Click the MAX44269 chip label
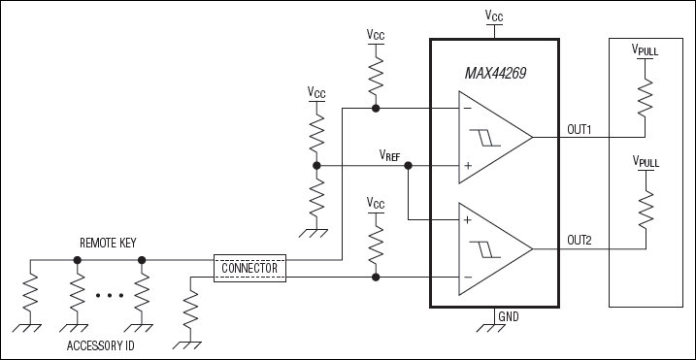click(x=495, y=73)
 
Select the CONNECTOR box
click(x=249, y=268)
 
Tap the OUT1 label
click(x=580, y=130)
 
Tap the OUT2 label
click(x=580, y=241)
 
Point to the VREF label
click(x=389, y=154)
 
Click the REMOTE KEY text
click(x=108, y=243)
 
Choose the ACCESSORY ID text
click(x=100, y=345)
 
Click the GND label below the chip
click(x=509, y=317)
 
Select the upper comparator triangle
click(x=495, y=137)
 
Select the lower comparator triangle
click(x=495, y=249)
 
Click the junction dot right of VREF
click(x=408, y=166)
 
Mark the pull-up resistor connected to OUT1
click(x=645, y=98)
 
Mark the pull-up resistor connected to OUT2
click(x=646, y=209)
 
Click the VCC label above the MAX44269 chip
click(x=494, y=16)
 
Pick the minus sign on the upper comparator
click(x=467, y=109)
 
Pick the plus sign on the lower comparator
click(x=467, y=220)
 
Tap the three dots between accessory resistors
click(x=110, y=295)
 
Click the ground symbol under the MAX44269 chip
click(x=491, y=328)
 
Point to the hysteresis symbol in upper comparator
click(x=485, y=138)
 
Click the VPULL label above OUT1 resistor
click(x=645, y=49)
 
